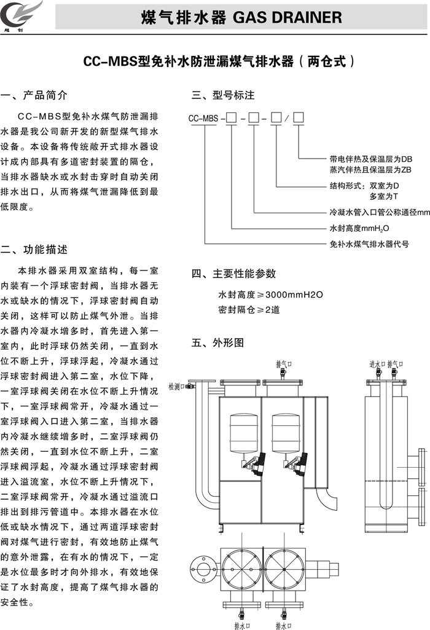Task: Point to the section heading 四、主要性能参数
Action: coord(234,274)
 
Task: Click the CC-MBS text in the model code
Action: coord(203,117)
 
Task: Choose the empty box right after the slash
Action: coord(299,117)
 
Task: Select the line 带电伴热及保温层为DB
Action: coord(371,158)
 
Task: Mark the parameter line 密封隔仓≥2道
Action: coord(249,310)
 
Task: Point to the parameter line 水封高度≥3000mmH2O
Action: coord(270,295)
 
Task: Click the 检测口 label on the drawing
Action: coord(177,385)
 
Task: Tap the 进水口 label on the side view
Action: coord(377,364)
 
